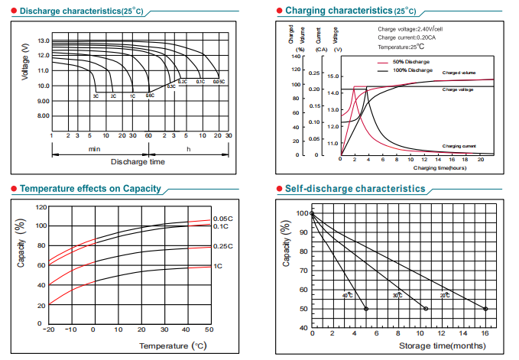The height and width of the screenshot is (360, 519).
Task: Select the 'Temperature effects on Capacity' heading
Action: [90, 189]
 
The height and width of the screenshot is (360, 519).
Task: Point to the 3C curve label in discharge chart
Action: [96, 96]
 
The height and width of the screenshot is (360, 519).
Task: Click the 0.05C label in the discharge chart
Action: [219, 81]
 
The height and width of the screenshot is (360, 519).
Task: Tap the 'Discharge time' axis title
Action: [138, 162]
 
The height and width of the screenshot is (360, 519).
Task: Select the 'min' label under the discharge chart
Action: [94, 148]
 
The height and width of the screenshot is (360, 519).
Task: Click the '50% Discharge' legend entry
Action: [407, 61]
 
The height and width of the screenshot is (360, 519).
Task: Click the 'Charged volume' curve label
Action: [459, 73]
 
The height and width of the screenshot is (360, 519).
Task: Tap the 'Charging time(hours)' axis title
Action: [440, 167]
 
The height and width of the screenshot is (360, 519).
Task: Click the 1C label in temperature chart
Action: [218, 266]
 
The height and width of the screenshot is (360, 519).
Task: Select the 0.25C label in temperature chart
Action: [222, 246]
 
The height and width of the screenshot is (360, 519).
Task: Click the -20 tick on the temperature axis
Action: [50, 330]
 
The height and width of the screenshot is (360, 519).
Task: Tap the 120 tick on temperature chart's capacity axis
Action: [41, 207]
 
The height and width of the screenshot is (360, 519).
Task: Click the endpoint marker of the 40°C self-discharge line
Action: [366, 308]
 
